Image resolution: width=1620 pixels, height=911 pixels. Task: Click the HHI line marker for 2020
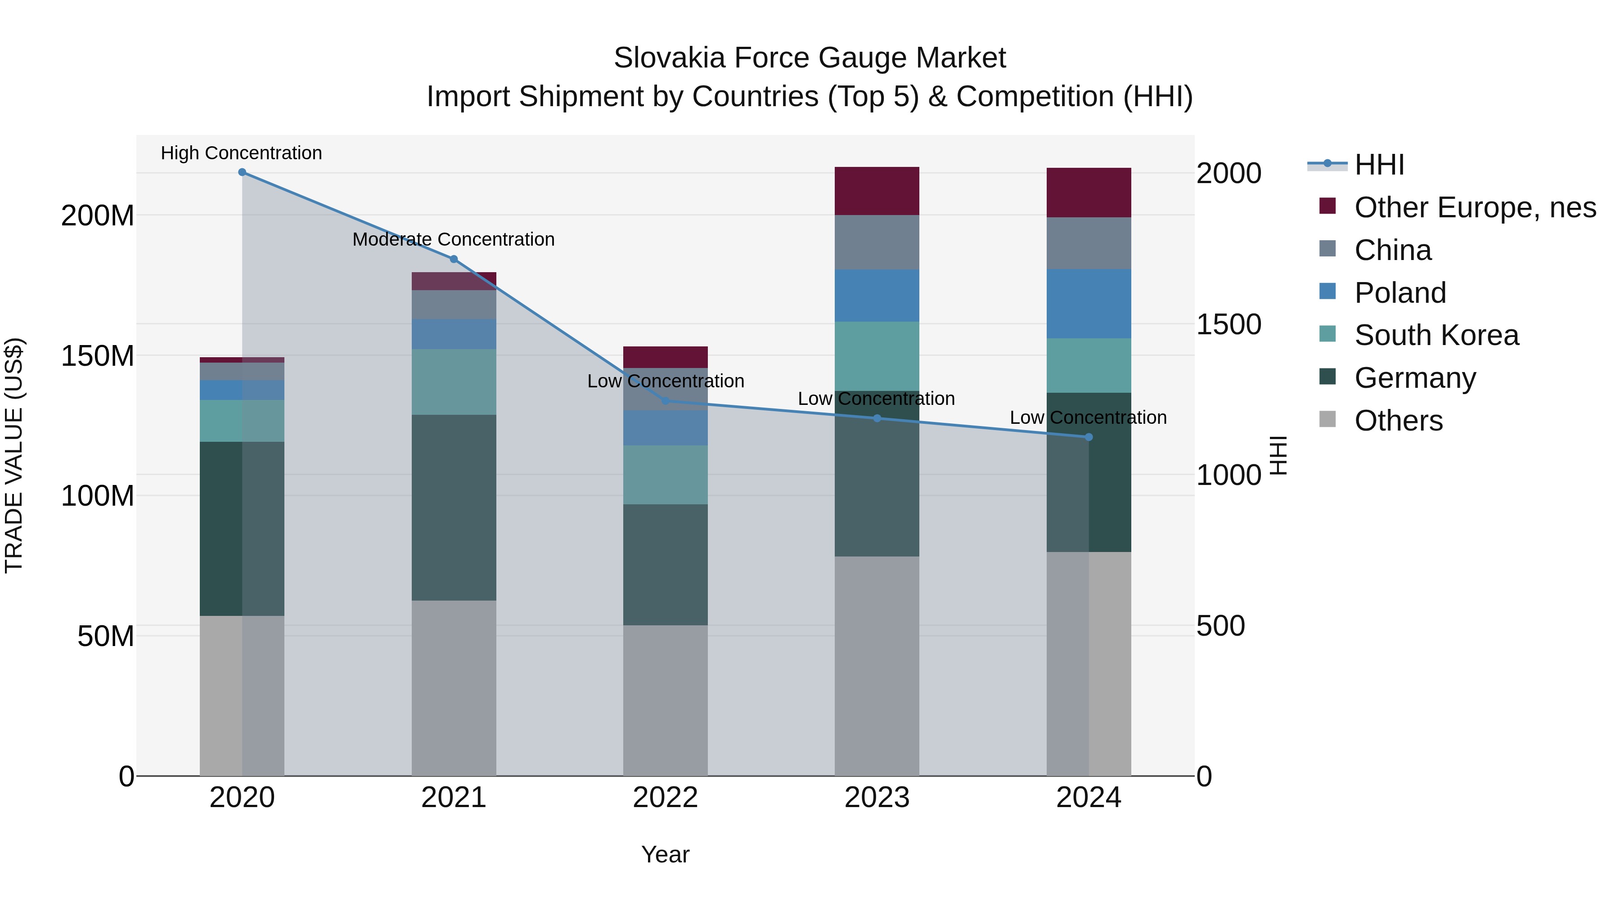coord(242,172)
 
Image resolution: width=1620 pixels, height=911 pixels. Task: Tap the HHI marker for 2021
coord(454,259)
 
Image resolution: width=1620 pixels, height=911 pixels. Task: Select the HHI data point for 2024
coord(1089,437)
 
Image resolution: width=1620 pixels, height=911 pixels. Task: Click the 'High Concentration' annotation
coord(242,153)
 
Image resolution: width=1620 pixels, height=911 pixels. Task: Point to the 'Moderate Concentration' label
coord(454,239)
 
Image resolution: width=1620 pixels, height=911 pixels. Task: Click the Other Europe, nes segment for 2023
coord(877,191)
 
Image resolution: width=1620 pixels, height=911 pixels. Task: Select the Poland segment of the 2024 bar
coord(1089,304)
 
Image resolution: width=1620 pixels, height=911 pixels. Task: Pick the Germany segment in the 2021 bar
coord(454,507)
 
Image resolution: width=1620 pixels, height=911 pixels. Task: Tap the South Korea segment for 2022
coord(666,475)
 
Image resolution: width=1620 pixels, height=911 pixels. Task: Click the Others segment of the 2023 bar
coord(877,666)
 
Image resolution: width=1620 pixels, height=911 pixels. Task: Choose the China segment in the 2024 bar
coord(1089,243)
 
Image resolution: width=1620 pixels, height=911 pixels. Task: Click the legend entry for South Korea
coord(1436,335)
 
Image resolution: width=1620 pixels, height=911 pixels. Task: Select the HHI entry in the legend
coord(1379,165)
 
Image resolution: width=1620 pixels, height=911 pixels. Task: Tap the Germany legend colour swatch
coord(1327,377)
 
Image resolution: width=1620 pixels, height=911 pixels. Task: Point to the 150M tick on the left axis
coord(98,356)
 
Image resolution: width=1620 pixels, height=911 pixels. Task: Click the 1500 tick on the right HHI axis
coord(1228,324)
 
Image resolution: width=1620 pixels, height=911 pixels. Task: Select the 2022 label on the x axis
coord(666,798)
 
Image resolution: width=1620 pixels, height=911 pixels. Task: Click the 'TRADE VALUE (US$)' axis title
coord(14,455)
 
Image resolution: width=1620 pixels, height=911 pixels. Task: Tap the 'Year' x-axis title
coord(666,854)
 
